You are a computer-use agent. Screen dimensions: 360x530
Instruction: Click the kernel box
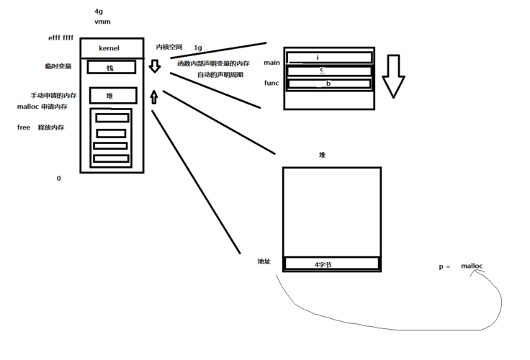coord(112,49)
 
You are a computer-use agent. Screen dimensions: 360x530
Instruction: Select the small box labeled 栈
coord(111,67)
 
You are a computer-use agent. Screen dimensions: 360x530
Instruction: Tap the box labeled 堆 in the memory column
coord(111,95)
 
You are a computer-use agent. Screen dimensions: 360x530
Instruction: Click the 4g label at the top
coord(99,12)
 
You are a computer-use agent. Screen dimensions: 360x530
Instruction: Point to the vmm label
coord(102,22)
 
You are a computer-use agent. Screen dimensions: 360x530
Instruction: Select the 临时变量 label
coord(58,66)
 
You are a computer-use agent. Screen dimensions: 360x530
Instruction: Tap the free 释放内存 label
coord(40,127)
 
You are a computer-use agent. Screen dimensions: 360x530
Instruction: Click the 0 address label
coord(58,178)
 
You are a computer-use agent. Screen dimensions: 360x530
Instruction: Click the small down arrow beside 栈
coord(154,67)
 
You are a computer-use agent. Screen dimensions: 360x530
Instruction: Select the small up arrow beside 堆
coord(153,96)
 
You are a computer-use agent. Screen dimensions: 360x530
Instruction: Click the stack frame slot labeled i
coord(329,57)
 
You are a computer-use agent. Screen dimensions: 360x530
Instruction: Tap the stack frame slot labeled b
coord(329,84)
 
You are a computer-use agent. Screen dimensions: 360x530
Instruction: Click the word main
coord(271,63)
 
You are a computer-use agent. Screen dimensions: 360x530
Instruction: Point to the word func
coord(271,83)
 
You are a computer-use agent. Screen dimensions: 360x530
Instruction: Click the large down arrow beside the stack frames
coord(393,76)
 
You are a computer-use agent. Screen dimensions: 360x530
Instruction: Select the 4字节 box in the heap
coord(331,264)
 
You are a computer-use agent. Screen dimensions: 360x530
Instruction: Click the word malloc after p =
coord(472,266)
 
